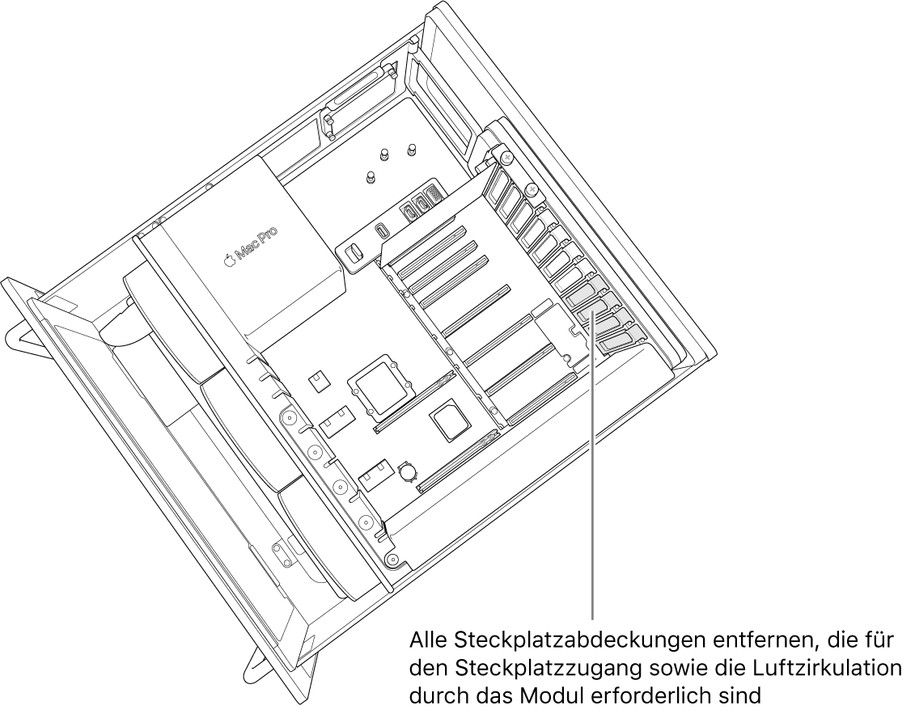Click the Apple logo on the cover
[x=229, y=260]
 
